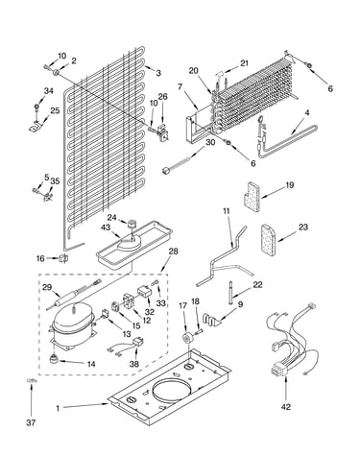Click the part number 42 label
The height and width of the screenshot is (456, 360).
(x=286, y=407)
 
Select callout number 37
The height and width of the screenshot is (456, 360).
(x=31, y=422)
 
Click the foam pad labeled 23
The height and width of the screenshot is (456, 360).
(x=268, y=240)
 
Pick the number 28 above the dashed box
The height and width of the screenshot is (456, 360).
(x=173, y=252)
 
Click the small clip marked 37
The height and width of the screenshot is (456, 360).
(x=31, y=380)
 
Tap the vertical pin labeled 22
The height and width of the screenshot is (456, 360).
(x=230, y=293)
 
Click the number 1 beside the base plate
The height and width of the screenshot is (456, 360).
(x=58, y=409)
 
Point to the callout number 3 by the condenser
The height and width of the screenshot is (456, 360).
(x=158, y=73)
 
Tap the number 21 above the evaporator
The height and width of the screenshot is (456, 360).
(x=244, y=63)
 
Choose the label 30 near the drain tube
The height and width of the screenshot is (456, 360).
(x=210, y=142)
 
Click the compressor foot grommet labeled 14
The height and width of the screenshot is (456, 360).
(x=55, y=359)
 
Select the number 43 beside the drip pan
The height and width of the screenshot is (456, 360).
(x=106, y=228)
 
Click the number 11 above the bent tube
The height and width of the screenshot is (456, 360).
(x=227, y=211)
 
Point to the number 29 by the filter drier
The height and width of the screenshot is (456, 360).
(x=47, y=287)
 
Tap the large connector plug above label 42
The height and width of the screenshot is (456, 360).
(x=277, y=370)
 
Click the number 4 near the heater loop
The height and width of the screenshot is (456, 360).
(x=307, y=112)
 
